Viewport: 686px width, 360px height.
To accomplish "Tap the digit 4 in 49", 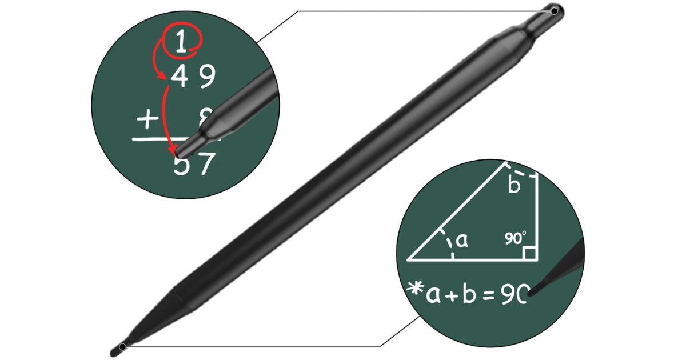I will click(x=179, y=77).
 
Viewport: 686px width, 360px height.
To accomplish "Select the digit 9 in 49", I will click(x=207, y=77).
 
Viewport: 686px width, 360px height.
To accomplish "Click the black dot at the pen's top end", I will click(x=554, y=11).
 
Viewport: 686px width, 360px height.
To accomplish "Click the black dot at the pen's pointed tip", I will click(x=122, y=346).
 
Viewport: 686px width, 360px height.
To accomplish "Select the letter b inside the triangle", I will click(x=514, y=185).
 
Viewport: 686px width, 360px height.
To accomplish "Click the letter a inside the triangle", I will click(x=462, y=240).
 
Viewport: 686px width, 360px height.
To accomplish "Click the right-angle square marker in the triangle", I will click(x=529, y=253).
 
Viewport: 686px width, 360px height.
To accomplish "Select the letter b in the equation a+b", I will click(x=468, y=294).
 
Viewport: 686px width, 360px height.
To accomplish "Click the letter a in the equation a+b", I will click(x=433, y=297).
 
